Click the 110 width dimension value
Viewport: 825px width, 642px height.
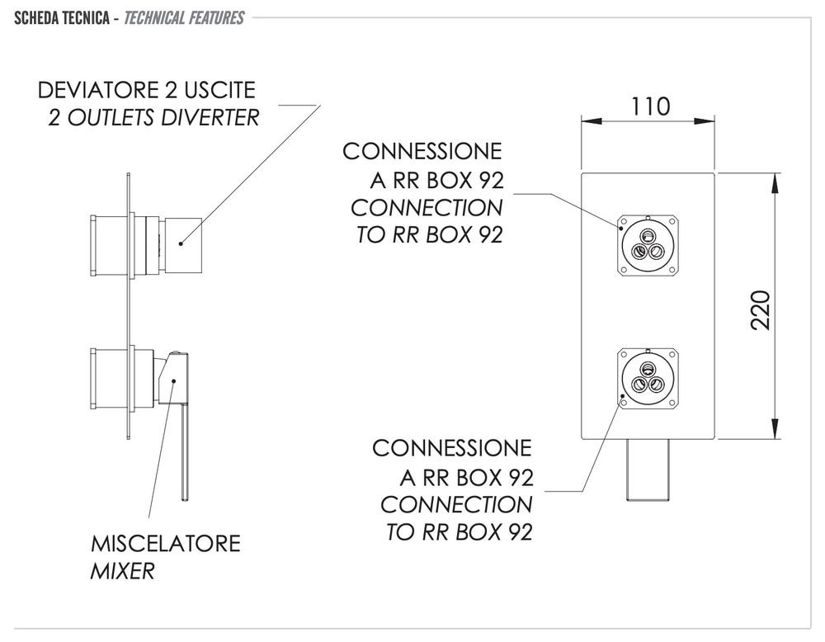pyautogui.click(x=650, y=106)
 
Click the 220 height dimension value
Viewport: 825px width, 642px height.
pyautogui.click(x=761, y=309)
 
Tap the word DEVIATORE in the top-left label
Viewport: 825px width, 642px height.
pyautogui.click(x=98, y=90)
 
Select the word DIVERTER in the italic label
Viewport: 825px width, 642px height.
pyautogui.click(x=210, y=117)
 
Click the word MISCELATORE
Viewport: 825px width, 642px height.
pyautogui.click(x=166, y=544)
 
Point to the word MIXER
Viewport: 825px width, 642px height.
pyautogui.click(x=123, y=571)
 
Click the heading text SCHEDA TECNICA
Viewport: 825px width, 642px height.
pyautogui.click(x=62, y=18)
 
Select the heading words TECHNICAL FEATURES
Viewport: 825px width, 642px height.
pyautogui.click(x=184, y=18)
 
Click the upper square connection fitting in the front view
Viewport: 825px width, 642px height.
pyautogui.click(x=648, y=245)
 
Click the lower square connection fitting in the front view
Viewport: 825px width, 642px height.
pyautogui.click(x=648, y=379)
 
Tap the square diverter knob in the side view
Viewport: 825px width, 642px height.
pyautogui.click(x=185, y=245)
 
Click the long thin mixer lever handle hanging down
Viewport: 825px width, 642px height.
pyautogui.click(x=185, y=451)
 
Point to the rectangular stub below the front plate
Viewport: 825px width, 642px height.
pyautogui.click(x=648, y=469)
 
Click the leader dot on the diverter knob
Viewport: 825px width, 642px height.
pyautogui.click(x=181, y=243)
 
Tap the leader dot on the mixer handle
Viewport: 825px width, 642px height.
pyautogui.click(x=174, y=381)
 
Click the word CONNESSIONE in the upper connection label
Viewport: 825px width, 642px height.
pyautogui.click(x=422, y=152)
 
